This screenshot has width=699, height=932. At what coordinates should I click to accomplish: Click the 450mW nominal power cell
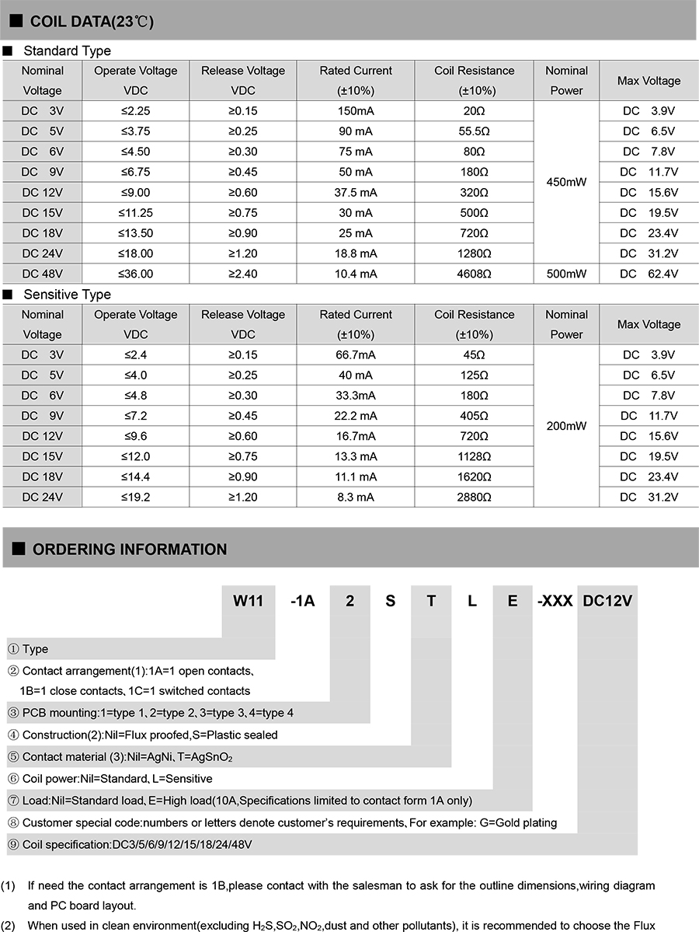pos(566,182)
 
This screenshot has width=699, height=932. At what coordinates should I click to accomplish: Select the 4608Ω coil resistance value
pos(474,274)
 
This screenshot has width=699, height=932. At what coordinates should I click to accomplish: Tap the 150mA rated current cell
pos(356,111)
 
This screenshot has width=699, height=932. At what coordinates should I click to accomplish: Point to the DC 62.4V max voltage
pos(649,274)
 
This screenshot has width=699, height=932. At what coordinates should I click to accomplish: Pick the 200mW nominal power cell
pos(566,426)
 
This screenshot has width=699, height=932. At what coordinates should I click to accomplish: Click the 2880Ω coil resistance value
pos(474,497)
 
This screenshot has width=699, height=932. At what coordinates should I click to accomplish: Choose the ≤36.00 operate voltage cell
pos(136,274)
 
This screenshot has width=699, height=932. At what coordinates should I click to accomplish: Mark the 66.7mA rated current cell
pos(356,354)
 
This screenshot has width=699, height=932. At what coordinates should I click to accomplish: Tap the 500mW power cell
pos(566,274)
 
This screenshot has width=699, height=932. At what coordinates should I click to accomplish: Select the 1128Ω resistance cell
pos(474,456)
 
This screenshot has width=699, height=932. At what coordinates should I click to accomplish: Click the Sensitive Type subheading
pos(67,295)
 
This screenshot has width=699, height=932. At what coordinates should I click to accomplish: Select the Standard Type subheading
pos(67,51)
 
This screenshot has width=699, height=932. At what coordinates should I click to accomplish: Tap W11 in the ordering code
pos(249,601)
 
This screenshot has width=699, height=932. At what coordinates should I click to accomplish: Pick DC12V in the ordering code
pos(607,601)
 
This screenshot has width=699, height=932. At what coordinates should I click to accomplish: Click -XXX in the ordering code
pos(555,601)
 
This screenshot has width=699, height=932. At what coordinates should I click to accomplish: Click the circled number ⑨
pos(13,844)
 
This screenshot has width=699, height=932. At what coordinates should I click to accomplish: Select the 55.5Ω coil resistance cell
pos(474,131)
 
